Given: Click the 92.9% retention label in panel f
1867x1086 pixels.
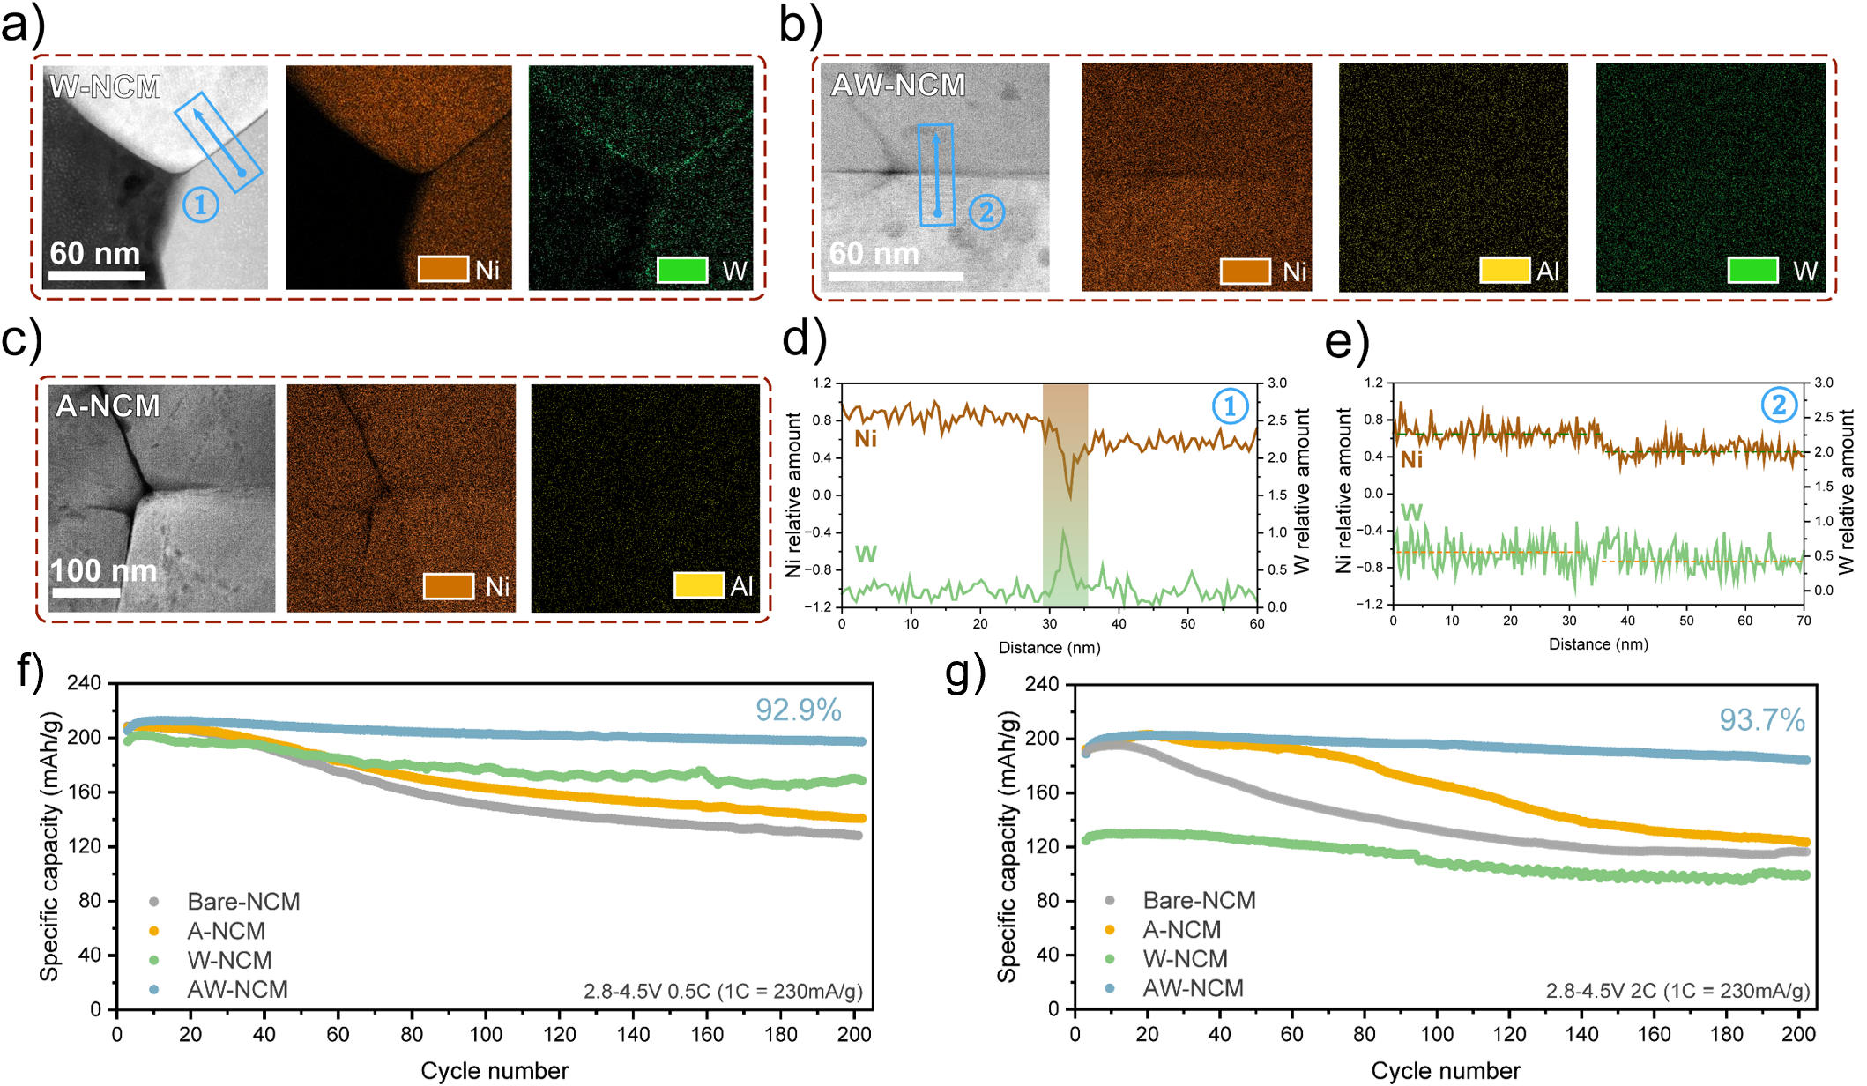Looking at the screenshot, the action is click(798, 710).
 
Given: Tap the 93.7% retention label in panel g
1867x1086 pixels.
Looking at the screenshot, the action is click(1761, 720).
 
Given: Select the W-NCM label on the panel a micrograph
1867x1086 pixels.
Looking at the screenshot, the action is click(106, 86).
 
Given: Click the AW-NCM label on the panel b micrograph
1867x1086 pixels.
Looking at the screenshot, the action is click(898, 85).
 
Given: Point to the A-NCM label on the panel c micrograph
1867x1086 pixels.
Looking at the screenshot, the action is click(108, 405).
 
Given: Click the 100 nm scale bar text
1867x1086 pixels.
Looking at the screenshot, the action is click(103, 570).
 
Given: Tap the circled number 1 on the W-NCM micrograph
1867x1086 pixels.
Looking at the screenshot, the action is click(201, 205).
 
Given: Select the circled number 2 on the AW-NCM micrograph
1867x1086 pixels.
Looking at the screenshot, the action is click(986, 212).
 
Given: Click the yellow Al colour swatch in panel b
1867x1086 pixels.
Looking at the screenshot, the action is click(1504, 271).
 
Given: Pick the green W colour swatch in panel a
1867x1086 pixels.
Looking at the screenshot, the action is click(682, 270).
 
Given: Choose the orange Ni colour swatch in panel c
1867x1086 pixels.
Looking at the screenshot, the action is click(449, 586).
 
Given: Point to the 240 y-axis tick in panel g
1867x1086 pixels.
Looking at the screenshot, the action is click(1041, 684).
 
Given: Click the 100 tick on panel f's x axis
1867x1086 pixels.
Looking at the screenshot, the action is click(486, 1034).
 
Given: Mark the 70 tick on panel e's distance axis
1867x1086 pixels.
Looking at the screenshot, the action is click(1804, 621).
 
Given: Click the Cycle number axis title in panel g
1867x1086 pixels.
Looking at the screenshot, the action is click(1446, 1071).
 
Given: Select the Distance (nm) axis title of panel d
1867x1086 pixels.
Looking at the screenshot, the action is click(1049, 648).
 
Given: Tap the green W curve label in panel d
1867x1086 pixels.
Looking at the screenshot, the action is click(866, 554).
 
